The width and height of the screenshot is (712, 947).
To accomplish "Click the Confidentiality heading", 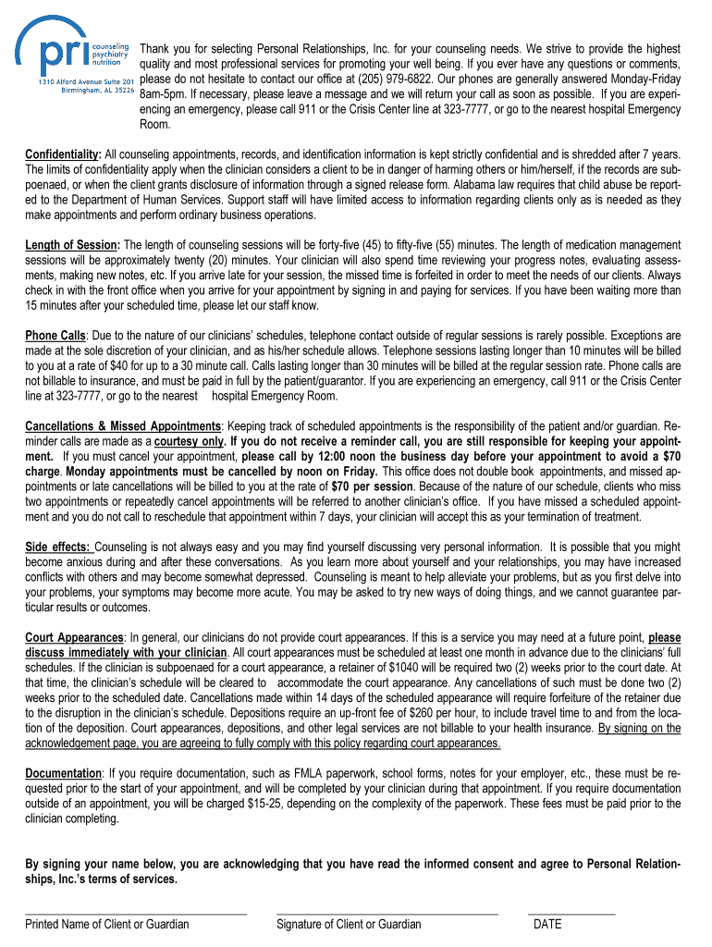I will pos(61,154).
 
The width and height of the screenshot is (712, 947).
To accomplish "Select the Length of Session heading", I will pos(71,245).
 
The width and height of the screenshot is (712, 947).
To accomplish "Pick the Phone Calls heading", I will pos(55,336).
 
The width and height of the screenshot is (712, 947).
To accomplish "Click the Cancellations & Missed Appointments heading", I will pos(123,426).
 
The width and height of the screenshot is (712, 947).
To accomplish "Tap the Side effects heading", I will pos(57,547).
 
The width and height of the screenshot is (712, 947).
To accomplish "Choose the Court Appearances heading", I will pos(74,638).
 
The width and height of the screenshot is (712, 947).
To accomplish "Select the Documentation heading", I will pos(63,773).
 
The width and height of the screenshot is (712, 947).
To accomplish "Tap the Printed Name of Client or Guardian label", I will pos(107,924).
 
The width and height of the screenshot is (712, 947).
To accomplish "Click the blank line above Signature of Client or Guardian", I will pos(387,914).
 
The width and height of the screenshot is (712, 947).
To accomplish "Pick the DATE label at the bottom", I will pos(547,924).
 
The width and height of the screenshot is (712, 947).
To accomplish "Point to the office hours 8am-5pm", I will pos(164,94).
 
